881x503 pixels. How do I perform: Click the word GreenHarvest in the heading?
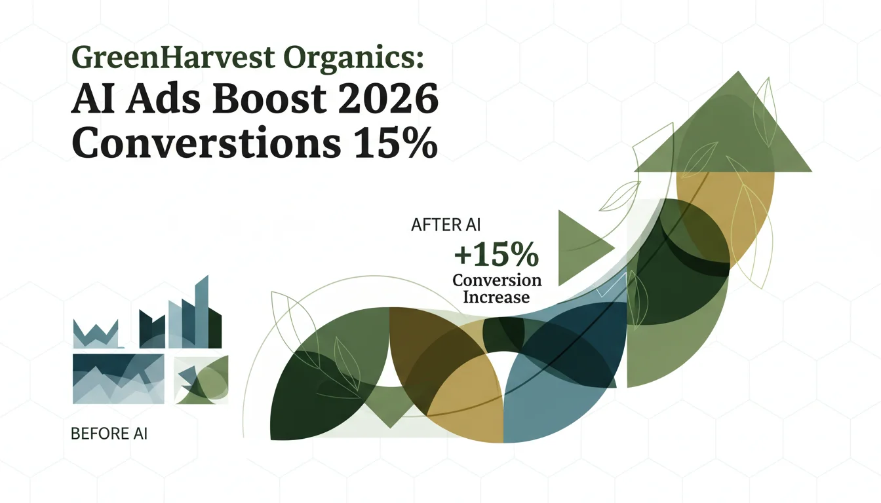click(172, 58)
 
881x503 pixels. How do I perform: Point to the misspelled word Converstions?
click(206, 142)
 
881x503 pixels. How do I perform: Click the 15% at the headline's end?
click(395, 142)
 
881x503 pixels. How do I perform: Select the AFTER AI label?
click(446, 225)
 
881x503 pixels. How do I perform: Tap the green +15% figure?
click(496, 255)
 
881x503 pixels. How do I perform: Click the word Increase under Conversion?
click(496, 297)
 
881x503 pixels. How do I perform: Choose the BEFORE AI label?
click(109, 434)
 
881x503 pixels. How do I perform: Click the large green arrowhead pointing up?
click(723, 121)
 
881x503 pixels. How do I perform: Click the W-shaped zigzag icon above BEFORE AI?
click(96, 334)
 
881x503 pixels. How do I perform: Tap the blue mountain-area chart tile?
click(119, 379)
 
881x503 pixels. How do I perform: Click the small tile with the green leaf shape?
click(201, 380)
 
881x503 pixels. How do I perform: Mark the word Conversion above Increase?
click(497, 280)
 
